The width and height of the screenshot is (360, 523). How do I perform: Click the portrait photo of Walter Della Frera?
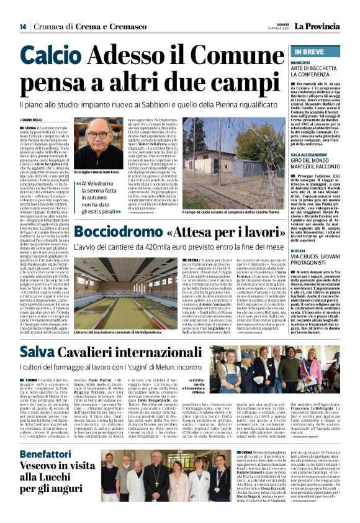(x=96, y=152)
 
